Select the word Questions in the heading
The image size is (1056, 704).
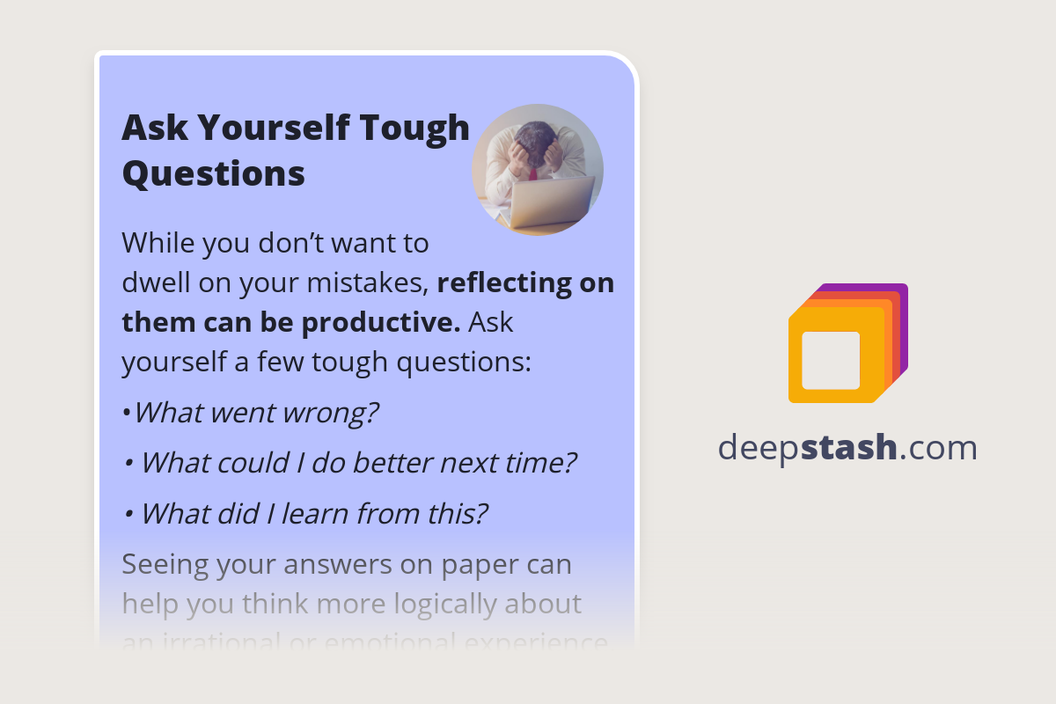[x=213, y=173]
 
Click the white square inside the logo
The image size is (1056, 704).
[x=831, y=361]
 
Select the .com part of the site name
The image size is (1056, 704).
[x=938, y=448]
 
